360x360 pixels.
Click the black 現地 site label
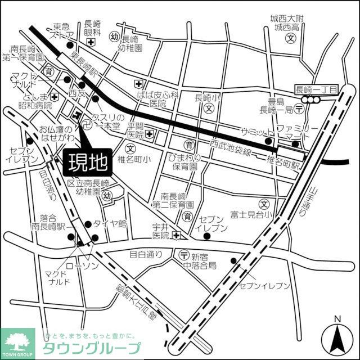click(88, 163)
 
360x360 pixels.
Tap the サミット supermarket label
click(256, 130)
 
